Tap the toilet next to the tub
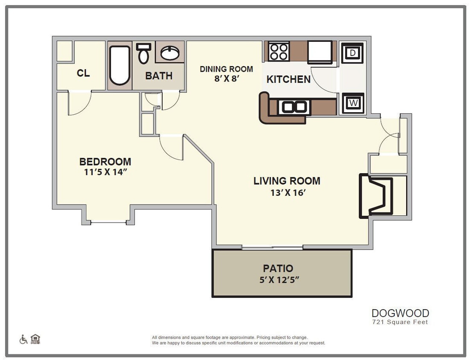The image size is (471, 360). [144, 53]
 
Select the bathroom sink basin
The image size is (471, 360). [170, 53]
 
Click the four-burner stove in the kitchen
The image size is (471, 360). [279, 52]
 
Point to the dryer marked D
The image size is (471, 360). [352, 53]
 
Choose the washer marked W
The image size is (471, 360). [352, 103]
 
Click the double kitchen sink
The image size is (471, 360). [293, 107]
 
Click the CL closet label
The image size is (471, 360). [83, 73]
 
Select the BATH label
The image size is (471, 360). [159, 76]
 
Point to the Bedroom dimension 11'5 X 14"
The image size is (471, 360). [105, 172]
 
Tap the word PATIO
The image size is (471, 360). [278, 269]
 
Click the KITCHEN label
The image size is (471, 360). [288, 79]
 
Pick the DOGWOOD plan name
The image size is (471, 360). [400, 314]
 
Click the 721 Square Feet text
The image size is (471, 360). [400, 322]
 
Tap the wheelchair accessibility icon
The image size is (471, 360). [23, 340]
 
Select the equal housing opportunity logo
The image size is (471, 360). [35, 339]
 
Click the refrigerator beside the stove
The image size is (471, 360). [320, 52]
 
